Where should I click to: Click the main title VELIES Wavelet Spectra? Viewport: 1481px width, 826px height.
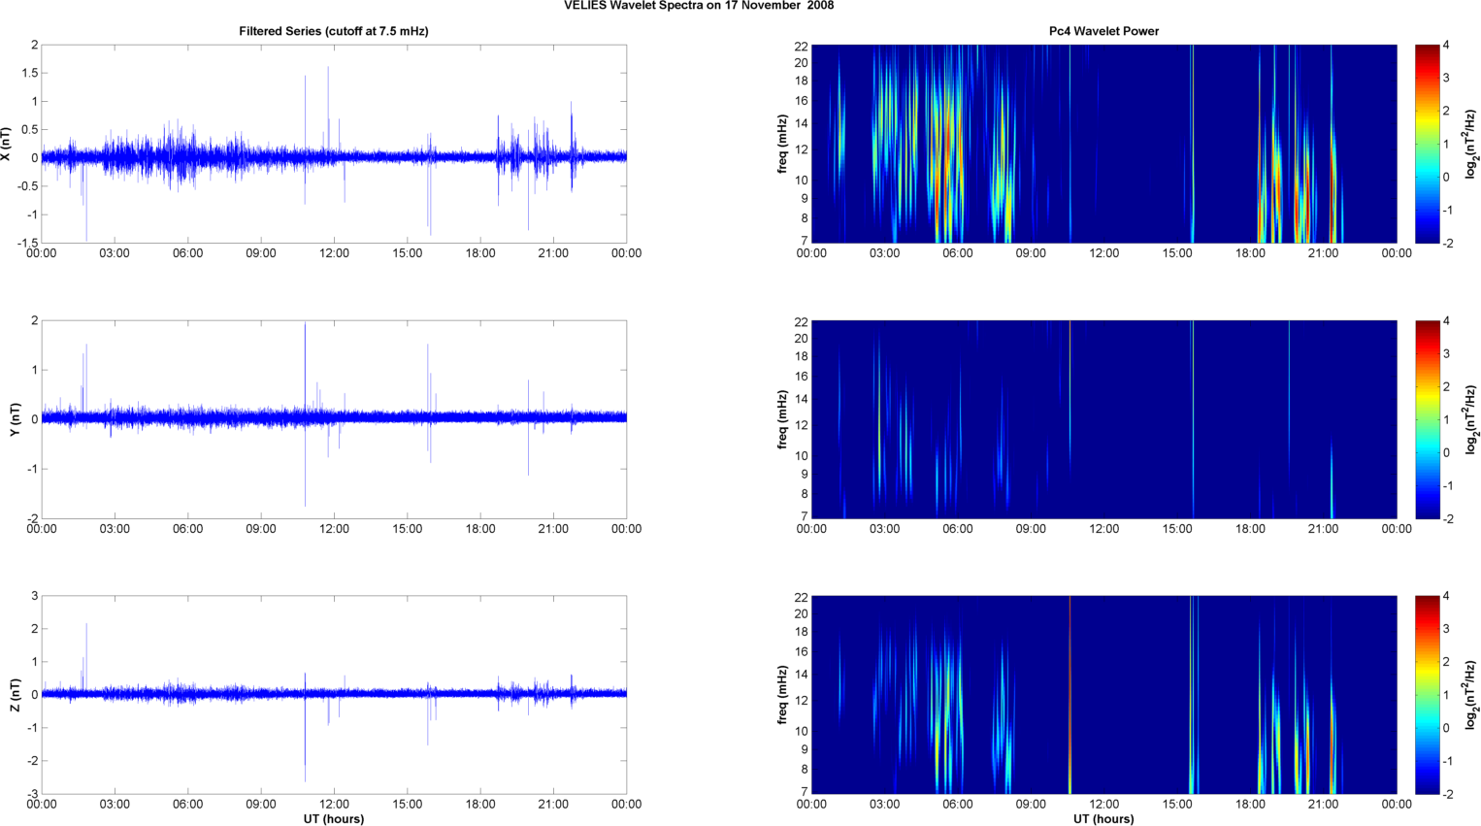[x=699, y=6]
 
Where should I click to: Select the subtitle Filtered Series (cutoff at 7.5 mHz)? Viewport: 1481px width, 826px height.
[x=334, y=31]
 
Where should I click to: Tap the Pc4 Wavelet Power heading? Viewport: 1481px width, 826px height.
[x=1103, y=31]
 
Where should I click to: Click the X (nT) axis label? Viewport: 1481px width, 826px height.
[x=7, y=144]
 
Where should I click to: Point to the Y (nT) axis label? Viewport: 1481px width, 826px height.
[x=15, y=419]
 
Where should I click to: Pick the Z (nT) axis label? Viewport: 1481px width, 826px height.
[x=15, y=695]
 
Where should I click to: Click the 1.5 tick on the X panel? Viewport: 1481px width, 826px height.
[x=29, y=74]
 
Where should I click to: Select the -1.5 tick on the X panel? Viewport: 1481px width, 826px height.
[x=26, y=244]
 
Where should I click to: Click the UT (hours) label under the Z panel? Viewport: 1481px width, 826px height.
[x=334, y=819]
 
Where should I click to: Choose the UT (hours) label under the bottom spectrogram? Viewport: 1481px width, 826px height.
[x=1103, y=819]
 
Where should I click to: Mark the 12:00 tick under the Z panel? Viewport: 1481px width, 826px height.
[x=334, y=805]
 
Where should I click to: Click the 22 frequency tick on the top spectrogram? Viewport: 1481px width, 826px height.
[x=801, y=47]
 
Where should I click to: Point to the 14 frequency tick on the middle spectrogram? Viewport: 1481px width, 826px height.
[x=801, y=399]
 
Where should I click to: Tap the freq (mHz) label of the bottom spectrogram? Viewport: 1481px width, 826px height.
[x=781, y=695]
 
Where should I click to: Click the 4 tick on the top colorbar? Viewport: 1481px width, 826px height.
[x=1447, y=46]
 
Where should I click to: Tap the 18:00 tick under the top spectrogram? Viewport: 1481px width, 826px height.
[x=1250, y=254]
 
